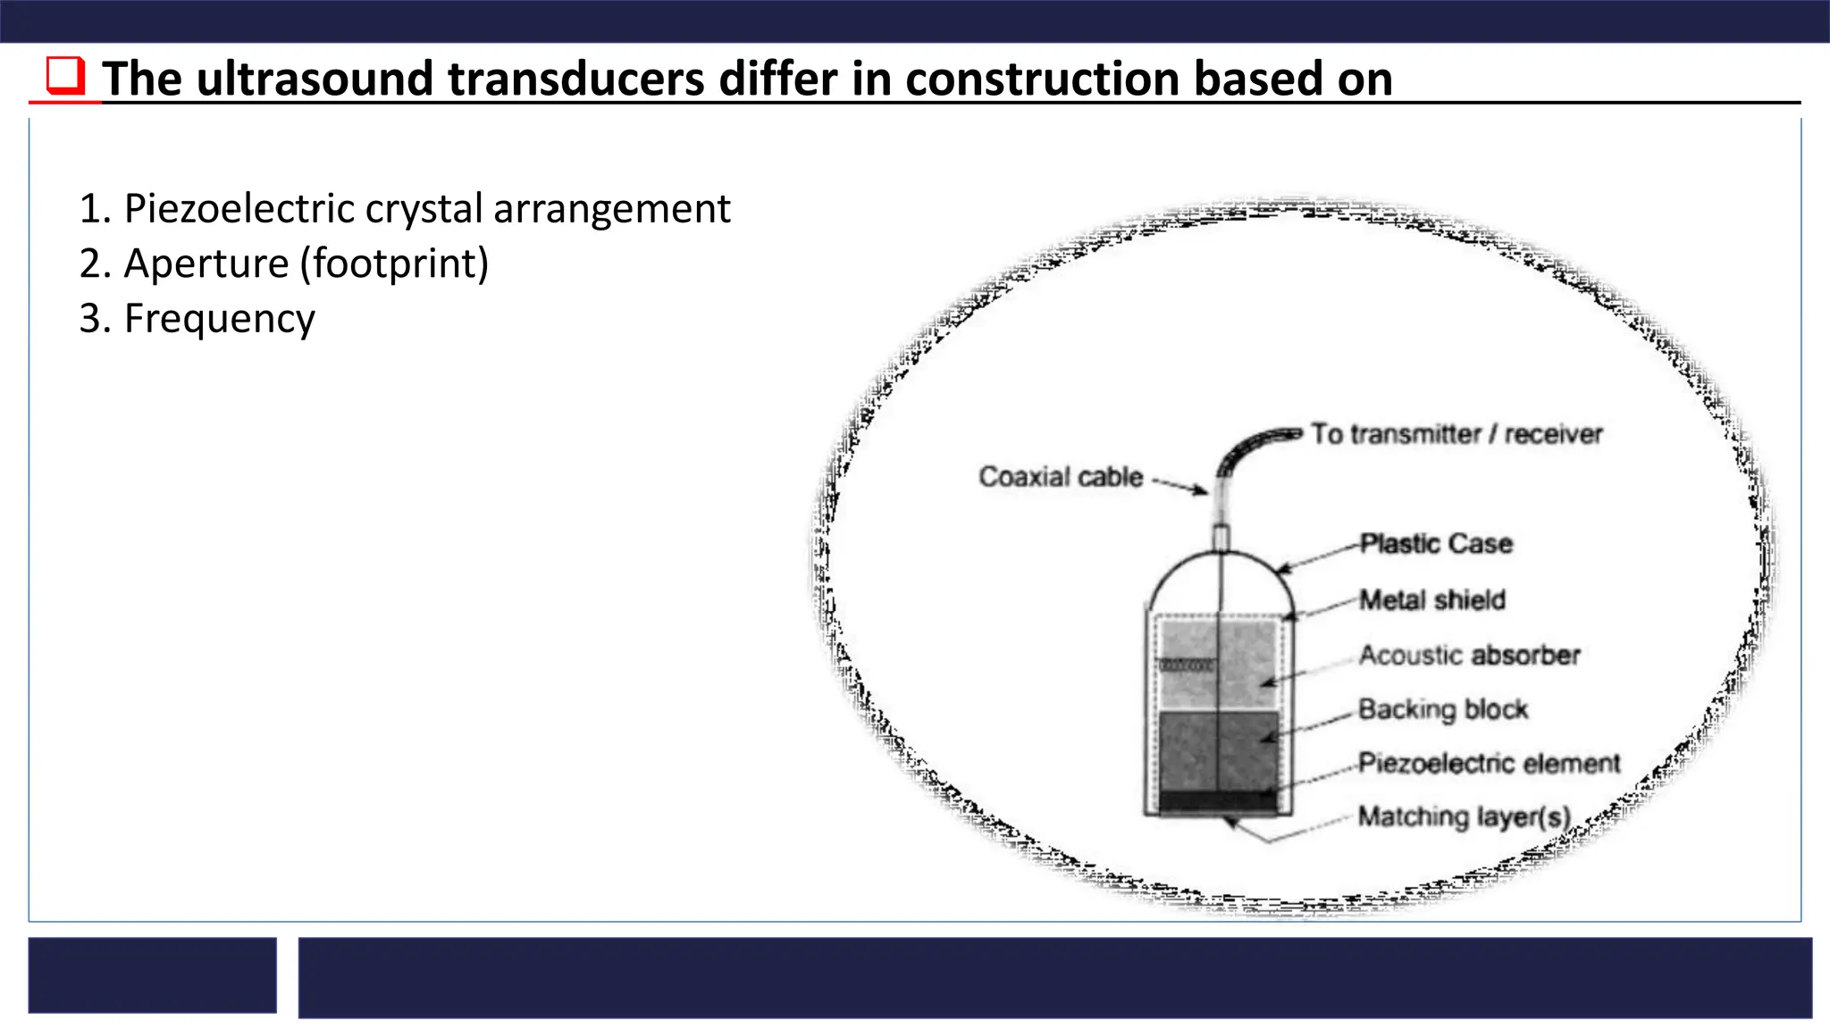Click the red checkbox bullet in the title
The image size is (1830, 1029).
pyautogui.click(x=65, y=76)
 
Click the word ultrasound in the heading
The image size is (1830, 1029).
pyautogui.click(x=315, y=79)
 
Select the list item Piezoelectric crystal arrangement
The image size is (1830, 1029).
pyautogui.click(x=404, y=208)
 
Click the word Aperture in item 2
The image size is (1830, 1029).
pyautogui.click(x=206, y=264)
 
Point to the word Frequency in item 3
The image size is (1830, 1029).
pyautogui.click(x=219, y=319)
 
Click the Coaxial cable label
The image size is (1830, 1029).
pyautogui.click(x=1061, y=477)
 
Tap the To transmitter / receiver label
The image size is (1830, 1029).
pyautogui.click(x=1456, y=434)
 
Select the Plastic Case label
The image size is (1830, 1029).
pyautogui.click(x=1435, y=543)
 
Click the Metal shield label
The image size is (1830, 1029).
pyautogui.click(x=1431, y=599)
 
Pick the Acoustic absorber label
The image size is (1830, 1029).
pyautogui.click(x=1469, y=655)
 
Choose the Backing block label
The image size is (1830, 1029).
pyautogui.click(x=1442, y=709)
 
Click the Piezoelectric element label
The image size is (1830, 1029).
pyautogui.click(x=1488, y=763)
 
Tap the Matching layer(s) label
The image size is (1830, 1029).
pyautogui.click(x=1464, y=816)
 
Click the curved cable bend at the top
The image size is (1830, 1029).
pyautogui.click(x=1247, y=447)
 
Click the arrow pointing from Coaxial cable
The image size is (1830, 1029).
pyautogui.click(x=1181, y=486)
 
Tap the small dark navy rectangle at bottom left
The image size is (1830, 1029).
pyautogui.click(x=152, y=975)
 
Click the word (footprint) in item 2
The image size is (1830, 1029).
pyautogui.click(x=394, y=264)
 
